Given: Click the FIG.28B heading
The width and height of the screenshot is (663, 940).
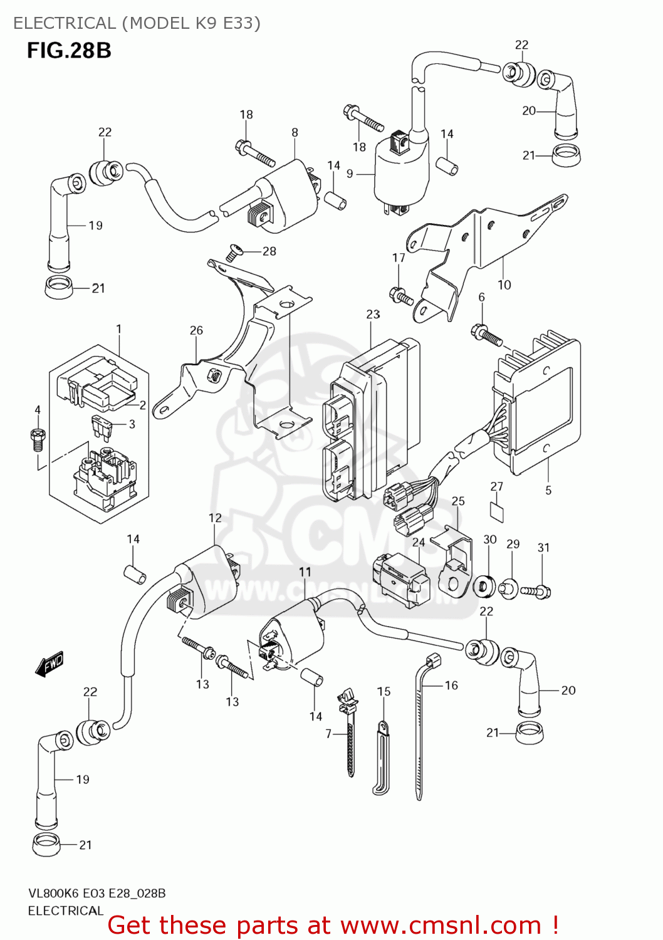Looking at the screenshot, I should pyautogui.click(x=69, y=50).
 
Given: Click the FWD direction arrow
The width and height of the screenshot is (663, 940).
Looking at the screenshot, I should pyautogui.click(x=50, y=664).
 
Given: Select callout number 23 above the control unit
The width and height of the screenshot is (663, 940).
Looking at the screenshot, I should pyautogui.click(x=373, y=314).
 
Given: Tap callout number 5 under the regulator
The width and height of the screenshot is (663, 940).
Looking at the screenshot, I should pyautogui.click(x=548, y=490).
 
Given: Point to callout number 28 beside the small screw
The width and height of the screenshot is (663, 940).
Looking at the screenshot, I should pyautogui.click(x=269, y=251).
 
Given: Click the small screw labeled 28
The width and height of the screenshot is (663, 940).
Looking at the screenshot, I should pyautogui.click(x=235, y=252).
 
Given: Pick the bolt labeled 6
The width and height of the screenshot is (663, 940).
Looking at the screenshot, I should pyautogui.click(x=486, y=335).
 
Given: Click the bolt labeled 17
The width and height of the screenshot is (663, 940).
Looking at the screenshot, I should pyautogui.click(x=400, y=295).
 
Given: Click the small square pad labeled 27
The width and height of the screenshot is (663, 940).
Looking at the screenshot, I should pyautogui.click(x=496, y=511).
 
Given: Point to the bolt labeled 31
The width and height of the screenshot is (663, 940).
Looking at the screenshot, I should pyautogui.click(x=536, y=590).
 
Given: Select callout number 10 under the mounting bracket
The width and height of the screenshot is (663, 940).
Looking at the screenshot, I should pyautogui.click(x=504, y=285).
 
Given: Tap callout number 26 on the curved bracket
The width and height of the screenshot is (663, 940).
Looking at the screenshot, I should pyautogui.click(x=196, y=330).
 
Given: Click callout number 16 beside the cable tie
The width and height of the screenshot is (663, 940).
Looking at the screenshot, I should pyautogui.click(x=451, y=685).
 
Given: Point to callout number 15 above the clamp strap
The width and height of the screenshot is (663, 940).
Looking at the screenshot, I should pyautogui.click(x=384, y=691).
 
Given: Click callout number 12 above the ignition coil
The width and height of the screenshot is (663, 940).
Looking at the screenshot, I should pyautogui.click(x=215, y=518).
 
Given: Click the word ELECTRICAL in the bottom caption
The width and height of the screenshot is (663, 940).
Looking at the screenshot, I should pyautogui.click(x=65, y=911).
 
